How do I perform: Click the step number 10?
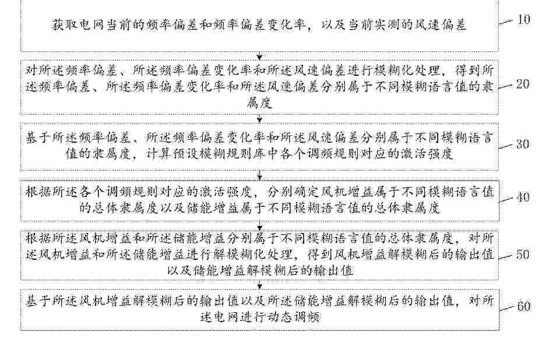point(524,19)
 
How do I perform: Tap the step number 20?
point(523,84)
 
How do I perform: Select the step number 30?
point(523,144)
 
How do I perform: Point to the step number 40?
point(523,197)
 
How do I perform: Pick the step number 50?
point(523,255)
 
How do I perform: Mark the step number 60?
point(524,306)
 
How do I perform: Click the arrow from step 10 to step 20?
point(259,55)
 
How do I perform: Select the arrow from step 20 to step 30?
point(259,118)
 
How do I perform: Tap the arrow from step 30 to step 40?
point(259,175)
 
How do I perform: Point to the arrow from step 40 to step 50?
point(260,226)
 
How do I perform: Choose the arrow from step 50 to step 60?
point(260,284)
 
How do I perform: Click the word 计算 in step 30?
point(159,153)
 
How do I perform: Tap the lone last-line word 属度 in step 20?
point(259,103)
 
